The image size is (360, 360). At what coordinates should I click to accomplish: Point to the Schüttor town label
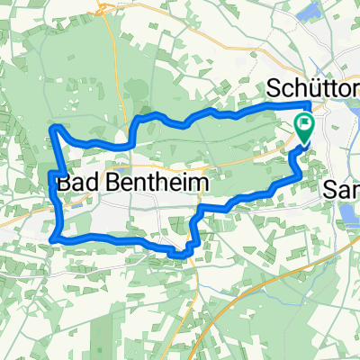(311, 90)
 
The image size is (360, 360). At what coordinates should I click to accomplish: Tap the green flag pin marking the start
(304, 130)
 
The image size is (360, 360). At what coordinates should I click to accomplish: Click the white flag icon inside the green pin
(304, 125)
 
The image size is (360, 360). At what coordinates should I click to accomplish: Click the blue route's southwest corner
(57, 238)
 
